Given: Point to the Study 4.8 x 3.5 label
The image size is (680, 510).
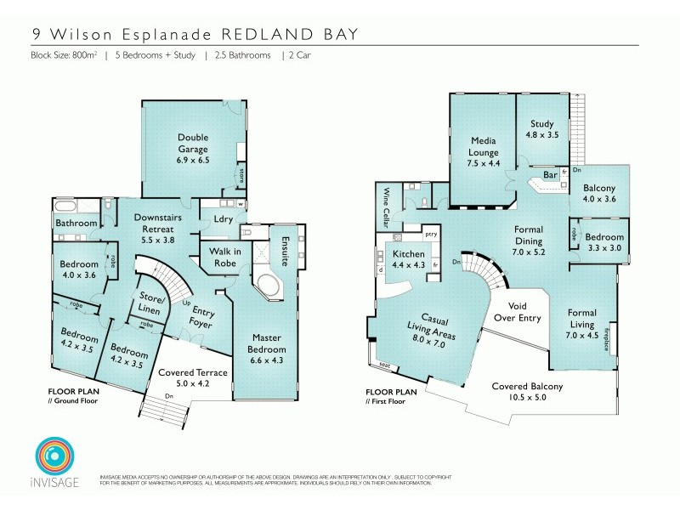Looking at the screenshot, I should pyautogui.click(x=542, y=128).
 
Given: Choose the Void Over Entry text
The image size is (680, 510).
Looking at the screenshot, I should pyautogui.click(x=518, y=311).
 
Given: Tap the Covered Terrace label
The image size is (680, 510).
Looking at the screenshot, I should pyautogui.click(x=193, y=377).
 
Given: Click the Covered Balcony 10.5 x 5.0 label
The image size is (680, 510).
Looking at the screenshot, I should pyautogui.click(x=527, y=391).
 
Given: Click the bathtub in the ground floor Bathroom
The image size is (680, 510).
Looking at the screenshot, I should pyautogui.click(x=71, y=207).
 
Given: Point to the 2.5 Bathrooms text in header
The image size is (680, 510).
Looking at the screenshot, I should pyautogui.click(x=241, y=55).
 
